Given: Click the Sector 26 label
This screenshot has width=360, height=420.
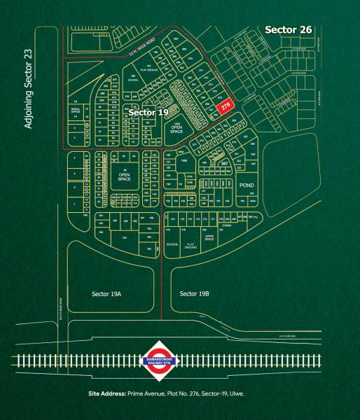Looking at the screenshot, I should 289,29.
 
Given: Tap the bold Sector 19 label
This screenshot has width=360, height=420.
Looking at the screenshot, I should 149,111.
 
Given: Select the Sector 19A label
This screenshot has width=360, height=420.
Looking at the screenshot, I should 106,293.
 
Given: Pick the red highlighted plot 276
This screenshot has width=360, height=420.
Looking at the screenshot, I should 226,106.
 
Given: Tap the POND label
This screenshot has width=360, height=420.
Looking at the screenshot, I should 247,185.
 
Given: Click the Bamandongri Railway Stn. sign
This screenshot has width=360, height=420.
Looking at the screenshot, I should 162,360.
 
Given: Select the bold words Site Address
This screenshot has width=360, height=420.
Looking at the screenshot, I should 107,394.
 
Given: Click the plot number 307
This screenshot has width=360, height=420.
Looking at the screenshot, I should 224,163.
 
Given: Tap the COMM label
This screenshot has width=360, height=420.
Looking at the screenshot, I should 226,226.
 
